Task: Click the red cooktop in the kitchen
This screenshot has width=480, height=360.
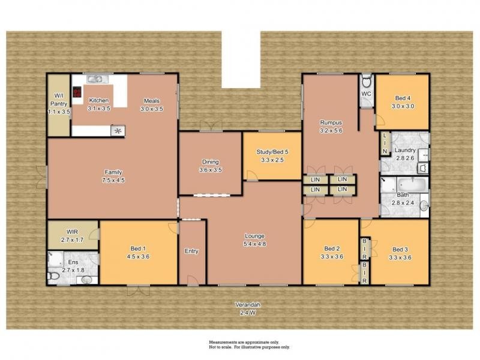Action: [77, 92]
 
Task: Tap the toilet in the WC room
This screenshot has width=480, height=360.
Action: [367, 82]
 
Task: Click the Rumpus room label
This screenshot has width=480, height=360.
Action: [330, 126]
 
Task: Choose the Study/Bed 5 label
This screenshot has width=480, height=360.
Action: [271, 156]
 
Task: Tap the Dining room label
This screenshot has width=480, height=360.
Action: [210, 166]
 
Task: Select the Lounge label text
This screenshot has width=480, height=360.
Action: [254, 239]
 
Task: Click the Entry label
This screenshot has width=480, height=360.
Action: [191, 251]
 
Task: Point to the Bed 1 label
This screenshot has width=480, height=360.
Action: [138, 253]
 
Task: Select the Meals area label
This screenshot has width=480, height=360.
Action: [151, 104]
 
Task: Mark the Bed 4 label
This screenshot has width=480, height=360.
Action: [403, 102]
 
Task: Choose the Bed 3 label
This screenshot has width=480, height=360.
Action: [400, 254]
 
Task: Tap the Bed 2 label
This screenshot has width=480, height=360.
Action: [332, 253]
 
